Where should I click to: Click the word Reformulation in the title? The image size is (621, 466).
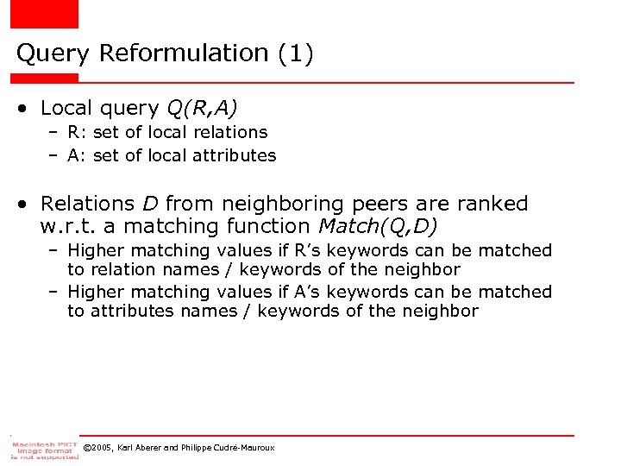pos(185,54)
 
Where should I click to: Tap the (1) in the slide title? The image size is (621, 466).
pos(296,54)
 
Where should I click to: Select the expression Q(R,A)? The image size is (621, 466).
pos(202,108)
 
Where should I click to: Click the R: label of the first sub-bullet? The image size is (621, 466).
pos(77,132)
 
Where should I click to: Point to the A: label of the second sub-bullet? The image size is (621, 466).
pos(77,156)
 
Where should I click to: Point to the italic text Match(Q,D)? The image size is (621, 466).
pos(378,227)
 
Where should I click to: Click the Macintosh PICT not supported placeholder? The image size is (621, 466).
pos(43,448)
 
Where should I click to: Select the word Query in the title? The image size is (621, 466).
pos(53,54)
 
